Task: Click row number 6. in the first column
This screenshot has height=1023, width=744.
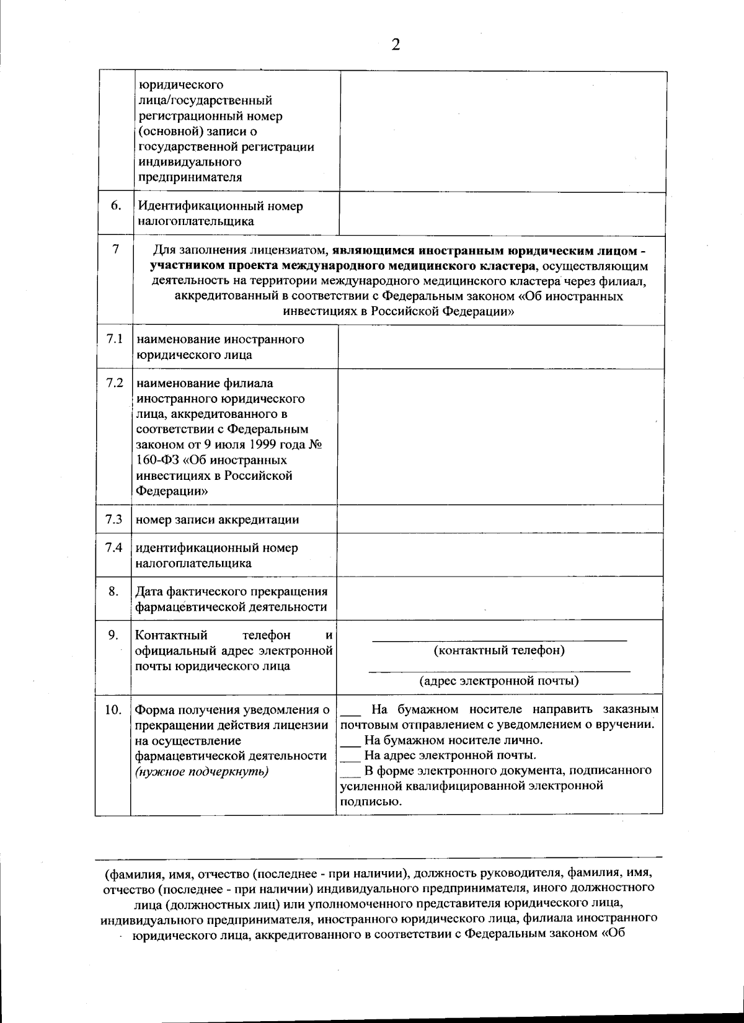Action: point(116,205)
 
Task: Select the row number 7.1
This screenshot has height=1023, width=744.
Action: point(114,339)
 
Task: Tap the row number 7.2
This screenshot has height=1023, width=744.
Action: point(115,383)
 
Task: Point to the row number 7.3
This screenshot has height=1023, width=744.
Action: point(114,519)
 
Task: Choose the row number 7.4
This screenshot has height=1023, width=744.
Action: point(114,547)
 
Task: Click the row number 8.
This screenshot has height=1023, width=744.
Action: point(113,591)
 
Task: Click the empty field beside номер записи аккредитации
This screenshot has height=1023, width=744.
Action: point(500,519)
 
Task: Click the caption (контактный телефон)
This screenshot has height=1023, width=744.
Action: point(499,650)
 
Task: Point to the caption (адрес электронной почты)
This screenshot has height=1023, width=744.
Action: point(499,681)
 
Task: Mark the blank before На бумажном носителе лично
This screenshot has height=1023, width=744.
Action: point(352,741)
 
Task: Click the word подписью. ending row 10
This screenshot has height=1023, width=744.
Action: point(370,801)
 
